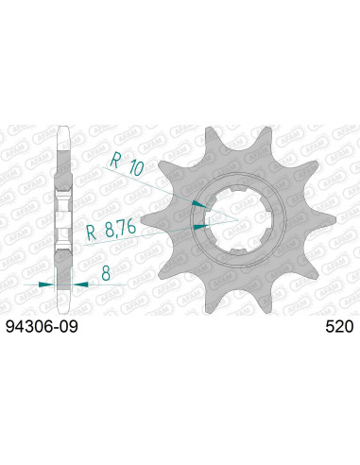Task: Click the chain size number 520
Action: (x=336, y=328)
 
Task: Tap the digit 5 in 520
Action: (x=325, y=328)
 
